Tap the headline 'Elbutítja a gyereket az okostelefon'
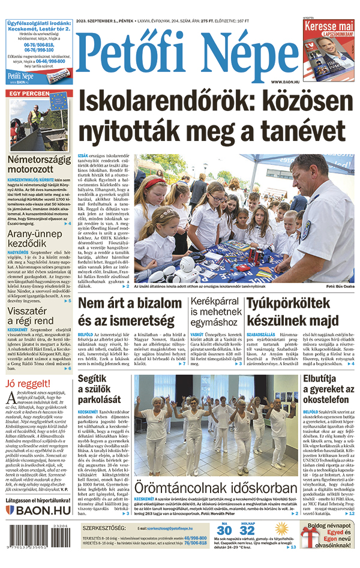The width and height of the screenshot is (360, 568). tap(328, 389)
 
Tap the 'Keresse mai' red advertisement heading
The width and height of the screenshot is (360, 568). tap(328, 27)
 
